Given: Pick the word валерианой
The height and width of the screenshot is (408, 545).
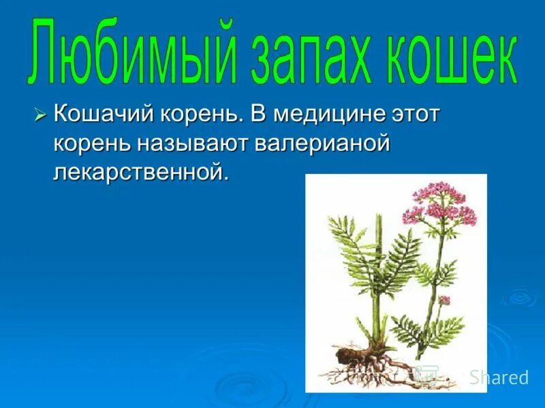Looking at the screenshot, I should [323, 143].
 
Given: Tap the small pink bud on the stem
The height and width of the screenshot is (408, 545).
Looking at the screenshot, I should [444, 300].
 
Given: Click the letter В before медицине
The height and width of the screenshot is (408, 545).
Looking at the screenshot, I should [257, 114].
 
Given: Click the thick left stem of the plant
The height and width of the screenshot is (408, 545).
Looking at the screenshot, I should [375, 286].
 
